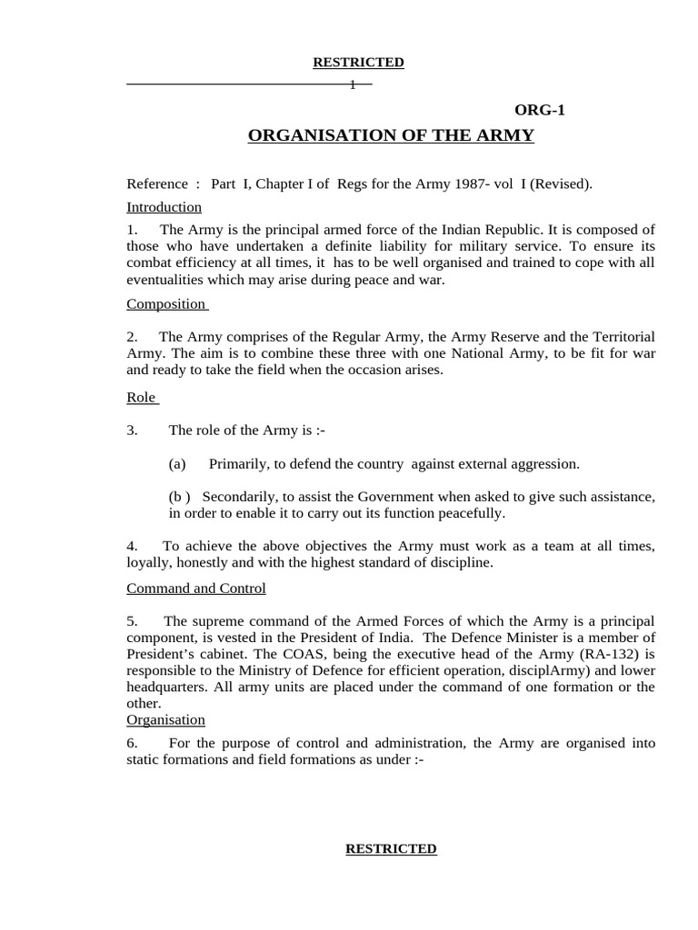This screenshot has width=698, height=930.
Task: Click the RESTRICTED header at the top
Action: [358, 63]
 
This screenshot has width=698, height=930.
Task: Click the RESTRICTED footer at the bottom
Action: [391, 848]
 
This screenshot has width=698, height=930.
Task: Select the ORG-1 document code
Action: [540, 110]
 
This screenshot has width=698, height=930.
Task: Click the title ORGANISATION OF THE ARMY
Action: [391, 136]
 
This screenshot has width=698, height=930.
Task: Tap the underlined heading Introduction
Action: [164, 207]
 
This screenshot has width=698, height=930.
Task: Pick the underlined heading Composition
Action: [166, 303]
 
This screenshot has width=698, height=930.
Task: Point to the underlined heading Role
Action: [141, 398]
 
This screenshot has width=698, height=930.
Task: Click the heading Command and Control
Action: [196, 589]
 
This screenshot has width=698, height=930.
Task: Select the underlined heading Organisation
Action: [165, 720]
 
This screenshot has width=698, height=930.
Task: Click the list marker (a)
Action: [177, 464]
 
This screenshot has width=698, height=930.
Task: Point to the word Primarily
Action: [238, 464]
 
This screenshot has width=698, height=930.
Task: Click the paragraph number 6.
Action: [132, 743]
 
